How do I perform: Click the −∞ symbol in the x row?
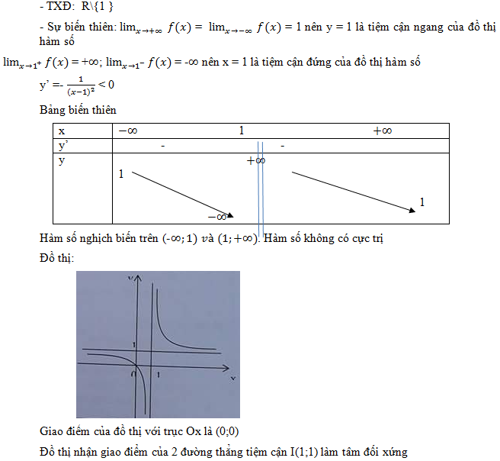point(127,131)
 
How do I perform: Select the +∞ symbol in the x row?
point(383,131)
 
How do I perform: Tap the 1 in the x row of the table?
point(242,131)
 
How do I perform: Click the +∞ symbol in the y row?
point(255,160)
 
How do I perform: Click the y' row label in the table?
point(63,146)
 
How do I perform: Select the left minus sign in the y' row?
point(163,146)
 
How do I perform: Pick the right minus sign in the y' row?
point(282,146)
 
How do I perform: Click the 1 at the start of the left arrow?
point(121,175)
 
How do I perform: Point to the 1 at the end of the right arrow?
point(422,202)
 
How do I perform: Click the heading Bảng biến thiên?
point(78,111)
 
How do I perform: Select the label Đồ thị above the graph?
point(56,260)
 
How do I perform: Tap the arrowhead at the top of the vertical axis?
point(138,280)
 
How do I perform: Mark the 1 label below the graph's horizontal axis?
point(158,375)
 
